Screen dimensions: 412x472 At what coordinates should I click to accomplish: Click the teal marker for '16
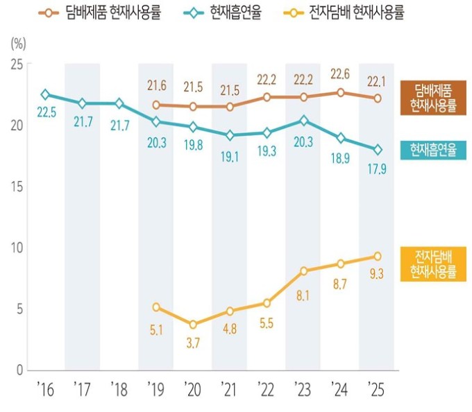tap(46, 94)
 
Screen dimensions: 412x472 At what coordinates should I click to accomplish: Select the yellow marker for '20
tap(193, 325)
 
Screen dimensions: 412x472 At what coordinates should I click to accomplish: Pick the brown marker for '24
tap(340, 92)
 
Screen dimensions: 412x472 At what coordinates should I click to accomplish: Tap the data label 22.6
tap(340, 74)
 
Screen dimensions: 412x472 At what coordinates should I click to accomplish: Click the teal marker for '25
tap(377, 150)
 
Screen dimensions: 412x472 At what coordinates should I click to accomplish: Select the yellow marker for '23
tap(303, 271)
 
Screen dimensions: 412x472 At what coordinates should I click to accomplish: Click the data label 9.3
tap(377, 274)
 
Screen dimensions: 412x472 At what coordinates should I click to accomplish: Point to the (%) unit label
tap(18, 42)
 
